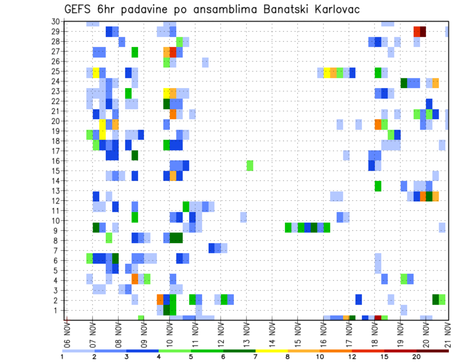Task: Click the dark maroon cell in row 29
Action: tap(423, 31)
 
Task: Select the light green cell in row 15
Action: tap(250, 165)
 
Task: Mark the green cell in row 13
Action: tap(378, 186)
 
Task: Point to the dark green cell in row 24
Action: tap(404, 83)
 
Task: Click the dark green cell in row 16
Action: tap(135, 156)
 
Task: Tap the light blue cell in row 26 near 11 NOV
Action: tap(205, 62)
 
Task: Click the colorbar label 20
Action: tap(416, 357)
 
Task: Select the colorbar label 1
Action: tap(62, 357)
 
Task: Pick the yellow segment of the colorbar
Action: tap(272, 350)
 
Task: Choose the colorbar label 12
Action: tap(352, 357)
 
